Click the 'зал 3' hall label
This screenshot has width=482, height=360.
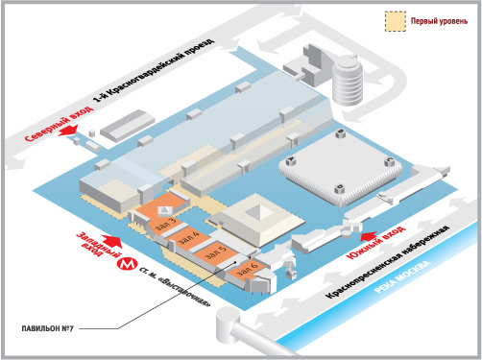point(165,224)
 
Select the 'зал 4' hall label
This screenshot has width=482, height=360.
point(189,238)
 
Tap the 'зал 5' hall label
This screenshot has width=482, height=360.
point(216,252)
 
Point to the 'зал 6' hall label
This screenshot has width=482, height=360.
point(247,269)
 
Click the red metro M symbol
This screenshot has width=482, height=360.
point(127,264)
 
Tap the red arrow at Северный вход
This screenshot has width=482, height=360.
point(68,131)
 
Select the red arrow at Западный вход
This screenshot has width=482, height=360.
point(111,241)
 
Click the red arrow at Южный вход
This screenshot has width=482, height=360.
point(369,236)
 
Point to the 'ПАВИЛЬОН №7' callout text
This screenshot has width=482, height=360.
point(48,328)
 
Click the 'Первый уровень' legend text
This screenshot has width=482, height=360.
point(439,21)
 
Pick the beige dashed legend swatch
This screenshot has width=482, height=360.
point(396,21)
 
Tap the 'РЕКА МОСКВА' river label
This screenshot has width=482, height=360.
point(402,277)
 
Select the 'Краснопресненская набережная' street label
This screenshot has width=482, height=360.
point(387,262)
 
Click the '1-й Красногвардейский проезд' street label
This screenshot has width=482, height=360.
point(154,70)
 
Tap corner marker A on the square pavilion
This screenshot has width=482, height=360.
point(291,159)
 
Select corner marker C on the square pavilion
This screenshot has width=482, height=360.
point(390,160)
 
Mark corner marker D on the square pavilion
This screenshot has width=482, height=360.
point(340,188)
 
